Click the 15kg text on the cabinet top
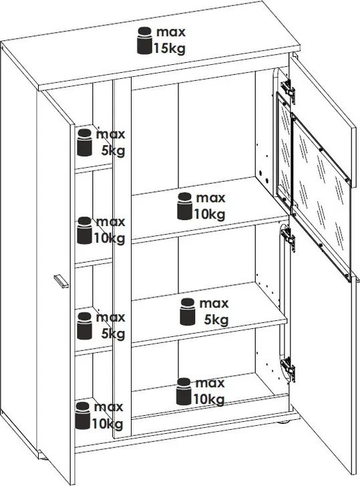tap(170, 49)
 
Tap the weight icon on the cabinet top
tap(144, 40)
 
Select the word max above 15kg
tap(170, 32)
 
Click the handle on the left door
tap(61, 281)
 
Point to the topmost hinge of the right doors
tap(288, 88)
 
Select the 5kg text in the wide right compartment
tap(216, 320)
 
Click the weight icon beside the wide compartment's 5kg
tap(187, 312)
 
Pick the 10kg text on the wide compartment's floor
tap(209, 399)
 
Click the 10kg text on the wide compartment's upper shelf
tap(210, 214)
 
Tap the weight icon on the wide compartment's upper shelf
tap(185, 206)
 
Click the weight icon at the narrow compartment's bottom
tap(83, 416)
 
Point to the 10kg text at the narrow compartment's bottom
tap(108, 423)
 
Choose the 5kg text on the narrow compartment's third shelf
tap(114, 334)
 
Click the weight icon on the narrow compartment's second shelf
tap(85, 230)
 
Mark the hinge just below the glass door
tap(288, 237)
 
